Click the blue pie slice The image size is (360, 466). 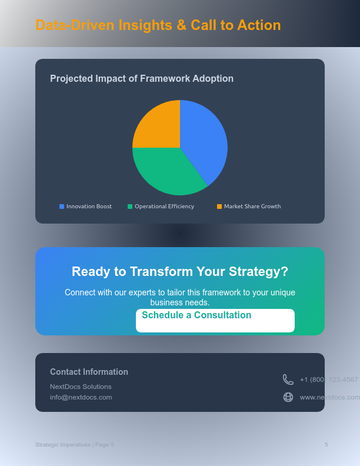203,138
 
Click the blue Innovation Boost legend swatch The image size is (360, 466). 62,207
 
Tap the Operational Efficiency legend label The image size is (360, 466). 164,207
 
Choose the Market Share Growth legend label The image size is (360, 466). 252,207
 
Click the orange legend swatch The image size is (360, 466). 219,207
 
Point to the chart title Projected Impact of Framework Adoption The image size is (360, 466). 142,79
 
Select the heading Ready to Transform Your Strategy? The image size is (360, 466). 180,271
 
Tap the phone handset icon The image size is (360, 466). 288,380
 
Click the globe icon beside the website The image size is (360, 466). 288,397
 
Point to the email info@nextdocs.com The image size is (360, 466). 81,397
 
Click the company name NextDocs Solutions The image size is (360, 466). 81,387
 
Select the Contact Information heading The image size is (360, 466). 89,372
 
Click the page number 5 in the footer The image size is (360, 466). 326,445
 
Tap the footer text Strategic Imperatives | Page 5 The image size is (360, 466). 75,445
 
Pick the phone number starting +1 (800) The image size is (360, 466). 329,380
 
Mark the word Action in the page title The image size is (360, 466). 259,25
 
